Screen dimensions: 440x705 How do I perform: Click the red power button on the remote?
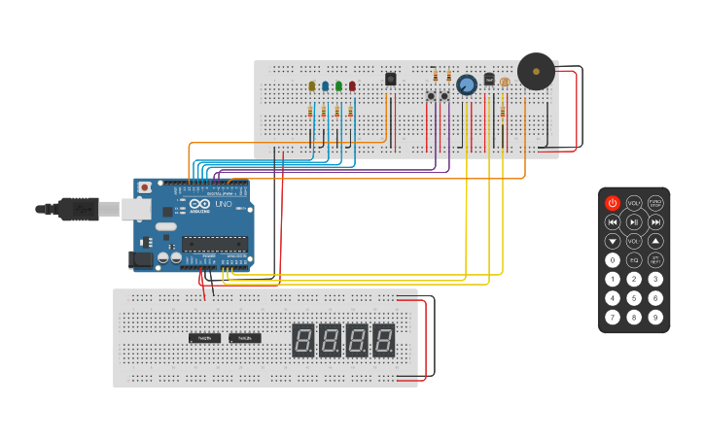[613, 203]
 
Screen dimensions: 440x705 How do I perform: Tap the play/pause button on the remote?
[634, 222]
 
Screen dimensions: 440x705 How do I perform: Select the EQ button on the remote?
[634, 260]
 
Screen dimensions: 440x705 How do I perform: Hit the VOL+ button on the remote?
[634, 203]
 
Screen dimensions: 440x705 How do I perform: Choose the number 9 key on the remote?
[655, 317]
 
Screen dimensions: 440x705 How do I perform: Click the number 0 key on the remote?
[613, 260]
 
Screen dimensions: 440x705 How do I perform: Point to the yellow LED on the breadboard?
[312, 86]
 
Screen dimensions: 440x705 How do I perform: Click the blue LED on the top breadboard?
[326, 86]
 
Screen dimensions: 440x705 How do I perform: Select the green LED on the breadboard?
[338, 86]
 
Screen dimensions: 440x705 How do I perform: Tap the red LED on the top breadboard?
[352, 86]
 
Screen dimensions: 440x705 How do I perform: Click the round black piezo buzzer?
[536, 72]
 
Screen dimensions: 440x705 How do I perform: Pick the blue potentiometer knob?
[467, 85]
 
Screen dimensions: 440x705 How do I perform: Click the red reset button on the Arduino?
[145, 186]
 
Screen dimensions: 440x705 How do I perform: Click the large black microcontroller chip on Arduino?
[214, 244]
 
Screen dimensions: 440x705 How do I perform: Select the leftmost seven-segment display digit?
[302, 340]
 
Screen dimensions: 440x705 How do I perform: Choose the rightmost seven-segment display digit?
[384, 340]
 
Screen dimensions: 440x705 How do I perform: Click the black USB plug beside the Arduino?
[78, 208]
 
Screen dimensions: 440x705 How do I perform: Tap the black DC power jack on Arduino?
[141, 259]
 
